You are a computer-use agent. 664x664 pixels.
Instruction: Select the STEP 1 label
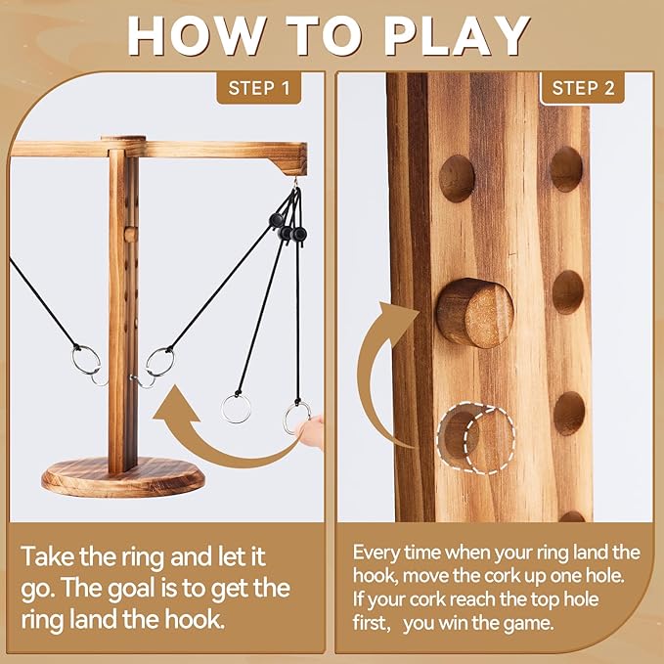(258, 88)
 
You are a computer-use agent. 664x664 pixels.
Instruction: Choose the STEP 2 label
(583, 88)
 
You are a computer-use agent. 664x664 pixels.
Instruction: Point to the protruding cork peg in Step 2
(473, 313)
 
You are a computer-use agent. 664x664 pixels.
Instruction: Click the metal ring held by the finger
(295, 419)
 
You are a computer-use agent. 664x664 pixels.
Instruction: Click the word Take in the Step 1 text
(50, 558)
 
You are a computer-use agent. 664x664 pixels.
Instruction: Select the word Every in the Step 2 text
(376, 553)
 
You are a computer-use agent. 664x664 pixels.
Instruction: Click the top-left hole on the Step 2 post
(457, 177)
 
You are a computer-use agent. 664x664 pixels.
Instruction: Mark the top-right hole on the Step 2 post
(566, 168)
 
